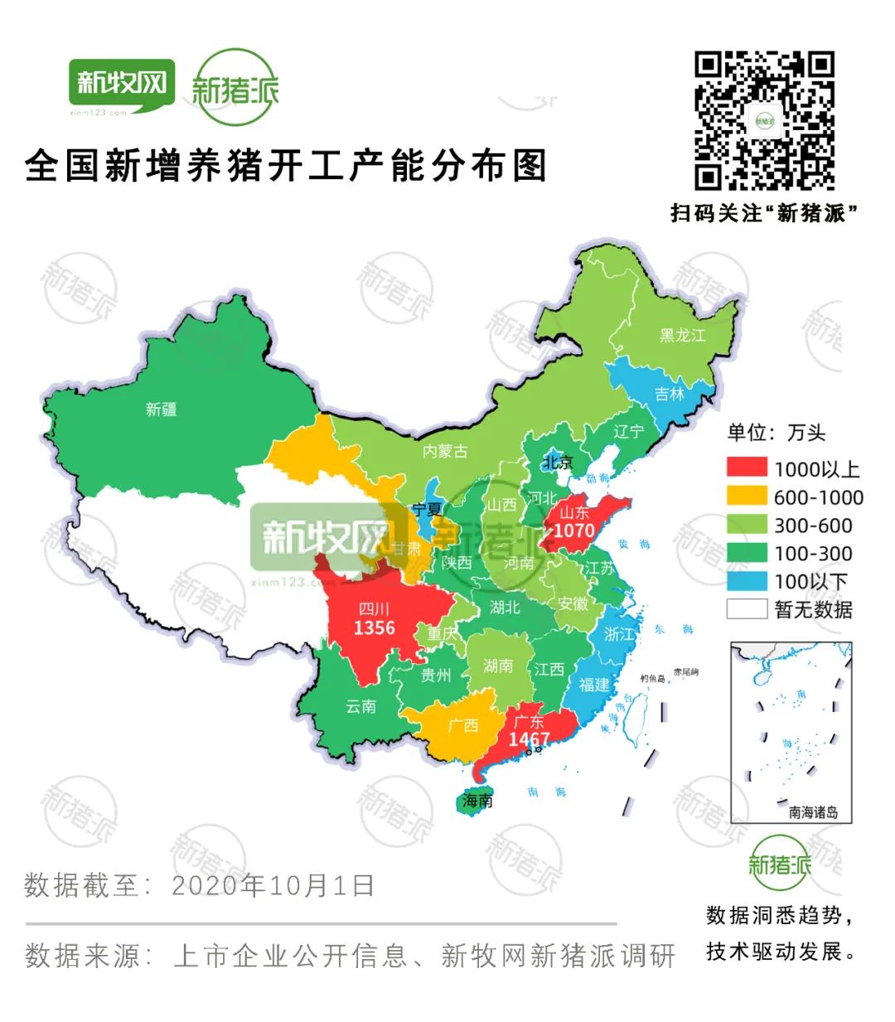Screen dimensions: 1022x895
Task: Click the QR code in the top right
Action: (764, 121)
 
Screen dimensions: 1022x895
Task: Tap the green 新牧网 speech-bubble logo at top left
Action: (122, 85)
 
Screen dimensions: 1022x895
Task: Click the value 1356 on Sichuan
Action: (374, 628)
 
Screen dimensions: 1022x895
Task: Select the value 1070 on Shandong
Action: (573, 530)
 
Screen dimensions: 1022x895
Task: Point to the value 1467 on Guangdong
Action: (529, 739)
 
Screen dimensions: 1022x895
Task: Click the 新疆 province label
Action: (161, 409)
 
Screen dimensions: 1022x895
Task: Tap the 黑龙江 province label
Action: (682, 336)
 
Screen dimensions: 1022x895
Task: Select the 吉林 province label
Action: (670, 395)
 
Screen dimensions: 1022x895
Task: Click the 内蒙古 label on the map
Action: (445, 452)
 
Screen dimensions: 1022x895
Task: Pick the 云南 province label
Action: (360, 706)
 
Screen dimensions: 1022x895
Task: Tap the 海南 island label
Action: (478, 801)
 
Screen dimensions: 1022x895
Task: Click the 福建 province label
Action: (594, 685)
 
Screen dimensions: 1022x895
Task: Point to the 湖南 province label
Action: (498, 666)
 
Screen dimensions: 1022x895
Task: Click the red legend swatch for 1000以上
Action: (747, 468)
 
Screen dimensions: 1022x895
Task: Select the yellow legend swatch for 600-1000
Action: (747, 496)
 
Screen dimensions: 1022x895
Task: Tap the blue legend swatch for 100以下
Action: (747, 581)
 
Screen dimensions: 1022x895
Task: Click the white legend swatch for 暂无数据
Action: (747, 609)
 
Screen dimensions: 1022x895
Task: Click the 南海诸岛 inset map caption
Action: (813, 812)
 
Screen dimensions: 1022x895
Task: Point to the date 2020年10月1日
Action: (273, 885)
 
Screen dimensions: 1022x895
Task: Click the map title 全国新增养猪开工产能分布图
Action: (287, 166)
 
